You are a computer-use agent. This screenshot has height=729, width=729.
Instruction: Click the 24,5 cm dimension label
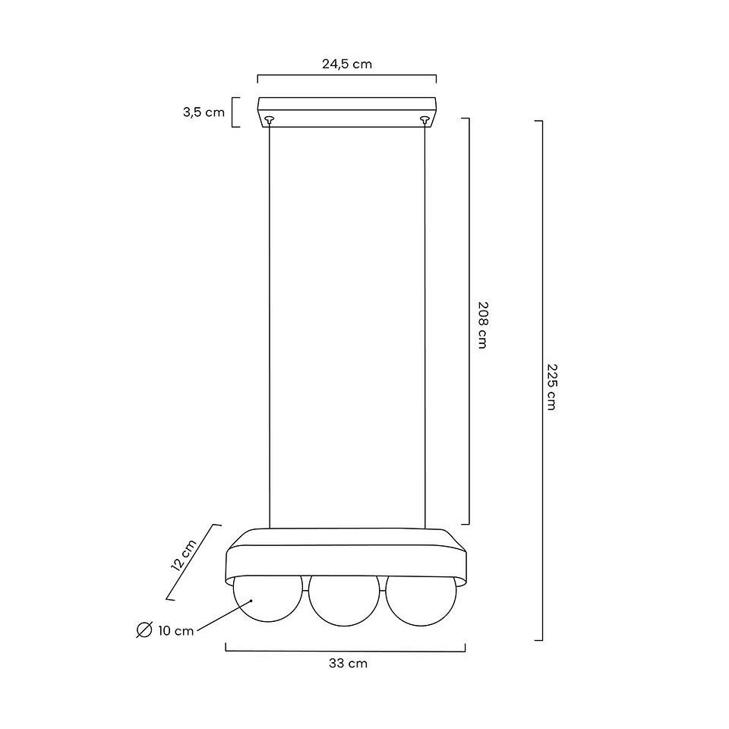coord(346,64)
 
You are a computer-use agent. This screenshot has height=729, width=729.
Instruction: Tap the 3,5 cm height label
coord(204,112)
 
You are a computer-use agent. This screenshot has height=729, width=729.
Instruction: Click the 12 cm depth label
coord(185,555)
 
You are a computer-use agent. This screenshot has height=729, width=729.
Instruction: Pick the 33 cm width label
coord(348,664)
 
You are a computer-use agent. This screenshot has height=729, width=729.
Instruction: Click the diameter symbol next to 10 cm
coord(143,630)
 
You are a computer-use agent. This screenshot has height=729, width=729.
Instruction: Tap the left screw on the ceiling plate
coord(268,118)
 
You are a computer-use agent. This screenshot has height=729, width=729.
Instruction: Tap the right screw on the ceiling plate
coord(424,118)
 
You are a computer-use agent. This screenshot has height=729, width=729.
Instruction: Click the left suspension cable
coord(270,327)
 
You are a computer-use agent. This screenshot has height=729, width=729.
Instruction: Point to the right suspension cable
coord(424,327)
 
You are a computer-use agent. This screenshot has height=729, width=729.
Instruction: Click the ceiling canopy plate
coord(346,106)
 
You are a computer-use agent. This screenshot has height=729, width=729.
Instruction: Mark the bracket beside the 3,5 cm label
coord(235,112)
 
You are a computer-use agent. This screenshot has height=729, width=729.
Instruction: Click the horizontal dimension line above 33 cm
coord(346,650)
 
